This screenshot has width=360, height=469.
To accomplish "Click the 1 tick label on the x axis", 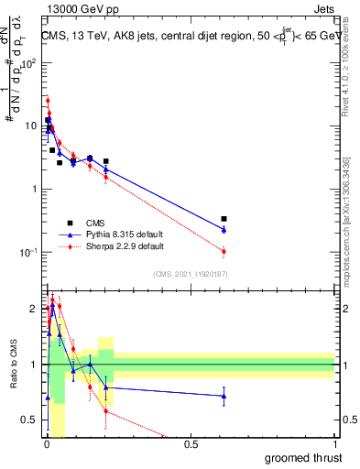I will click(x=334, y=444).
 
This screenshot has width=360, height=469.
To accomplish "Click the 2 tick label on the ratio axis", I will click(x=36, y=309).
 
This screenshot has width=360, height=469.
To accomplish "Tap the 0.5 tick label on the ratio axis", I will click(x=32, y=420).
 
